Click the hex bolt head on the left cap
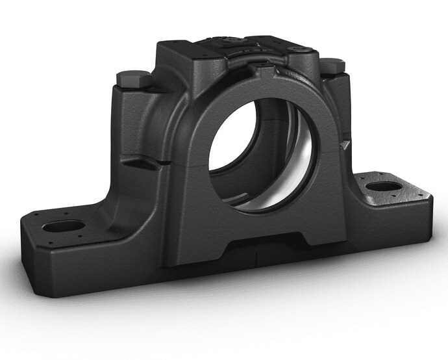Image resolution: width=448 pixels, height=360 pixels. [134, 79]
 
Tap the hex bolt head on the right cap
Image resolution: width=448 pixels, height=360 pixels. [334, 65]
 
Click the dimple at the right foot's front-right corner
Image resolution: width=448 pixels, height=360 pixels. [425, 199]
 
